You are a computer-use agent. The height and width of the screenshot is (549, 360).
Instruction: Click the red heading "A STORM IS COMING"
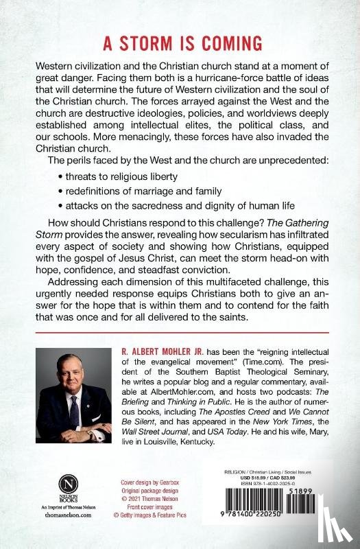[x=180, y=43]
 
